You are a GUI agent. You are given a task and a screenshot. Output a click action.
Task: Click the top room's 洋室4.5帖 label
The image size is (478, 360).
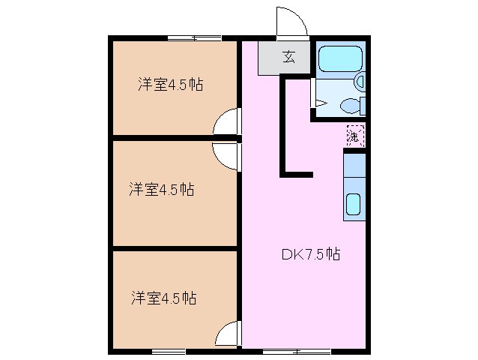(171, 85)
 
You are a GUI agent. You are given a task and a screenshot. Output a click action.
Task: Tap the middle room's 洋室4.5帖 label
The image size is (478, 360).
(161, 190)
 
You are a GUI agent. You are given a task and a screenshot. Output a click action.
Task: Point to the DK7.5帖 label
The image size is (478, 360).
(311, 253)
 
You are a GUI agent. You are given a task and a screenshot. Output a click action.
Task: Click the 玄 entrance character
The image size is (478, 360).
(288, 55)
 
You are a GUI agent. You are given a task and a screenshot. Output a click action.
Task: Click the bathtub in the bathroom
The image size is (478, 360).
(339, 59)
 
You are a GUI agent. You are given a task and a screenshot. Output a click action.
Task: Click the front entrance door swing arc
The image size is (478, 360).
(289, 21)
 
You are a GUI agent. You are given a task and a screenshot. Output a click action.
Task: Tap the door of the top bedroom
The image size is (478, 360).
(227, 122)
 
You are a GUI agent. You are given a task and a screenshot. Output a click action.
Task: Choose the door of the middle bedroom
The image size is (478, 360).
(226, 156)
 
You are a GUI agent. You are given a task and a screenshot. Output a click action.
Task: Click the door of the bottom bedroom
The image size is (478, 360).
(228, 334)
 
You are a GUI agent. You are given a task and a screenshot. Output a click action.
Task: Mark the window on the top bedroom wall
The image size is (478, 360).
(194, 37)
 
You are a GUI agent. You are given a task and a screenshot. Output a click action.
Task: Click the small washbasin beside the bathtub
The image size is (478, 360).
(360, 80)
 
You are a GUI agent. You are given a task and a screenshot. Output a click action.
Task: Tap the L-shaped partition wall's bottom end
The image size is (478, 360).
(297, 175)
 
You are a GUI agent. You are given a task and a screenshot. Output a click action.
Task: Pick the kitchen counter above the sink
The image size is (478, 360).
(354, 169)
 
